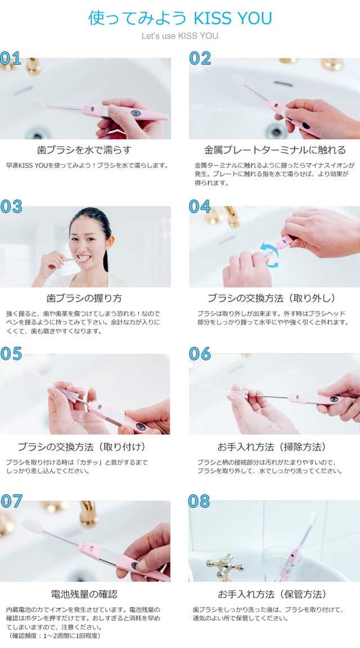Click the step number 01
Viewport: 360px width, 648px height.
(11, 58)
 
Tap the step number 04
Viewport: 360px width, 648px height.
(200, 206)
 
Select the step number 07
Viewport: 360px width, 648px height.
(11, 501)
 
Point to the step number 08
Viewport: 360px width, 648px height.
(199, 501)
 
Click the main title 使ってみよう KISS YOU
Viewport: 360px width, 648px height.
(180, 18)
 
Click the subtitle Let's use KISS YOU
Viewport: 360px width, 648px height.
(180, 36)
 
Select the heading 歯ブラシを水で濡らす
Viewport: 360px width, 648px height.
(84, 150)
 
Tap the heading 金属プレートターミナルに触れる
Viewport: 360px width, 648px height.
(275, 150)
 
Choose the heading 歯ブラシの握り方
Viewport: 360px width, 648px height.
(84, 298)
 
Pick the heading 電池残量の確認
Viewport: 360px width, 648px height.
(84, 594)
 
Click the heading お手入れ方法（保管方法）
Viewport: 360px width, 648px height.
(272, 594)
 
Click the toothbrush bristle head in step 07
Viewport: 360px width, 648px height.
(32, 526)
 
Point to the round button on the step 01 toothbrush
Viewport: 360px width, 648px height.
(136, 113)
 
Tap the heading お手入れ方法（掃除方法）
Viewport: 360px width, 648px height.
(272, 447)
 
